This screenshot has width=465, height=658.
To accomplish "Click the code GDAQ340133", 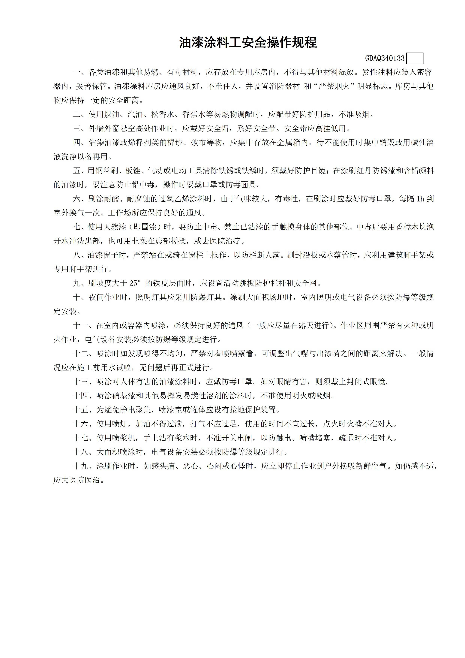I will tap(385, 59).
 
